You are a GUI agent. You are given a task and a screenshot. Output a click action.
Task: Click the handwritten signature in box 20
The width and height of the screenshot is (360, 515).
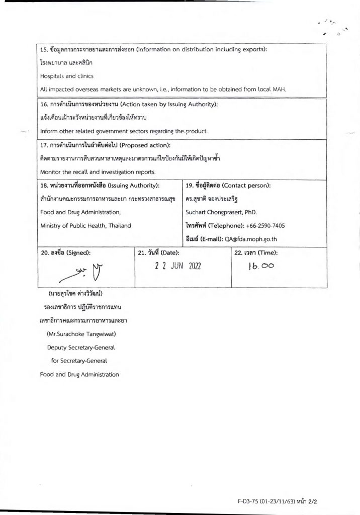click(83, 273)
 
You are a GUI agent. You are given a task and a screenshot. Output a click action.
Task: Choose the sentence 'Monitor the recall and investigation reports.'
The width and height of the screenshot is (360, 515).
click(98, 171)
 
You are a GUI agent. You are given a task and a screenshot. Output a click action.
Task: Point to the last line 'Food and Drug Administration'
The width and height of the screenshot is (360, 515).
click(79, 374)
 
